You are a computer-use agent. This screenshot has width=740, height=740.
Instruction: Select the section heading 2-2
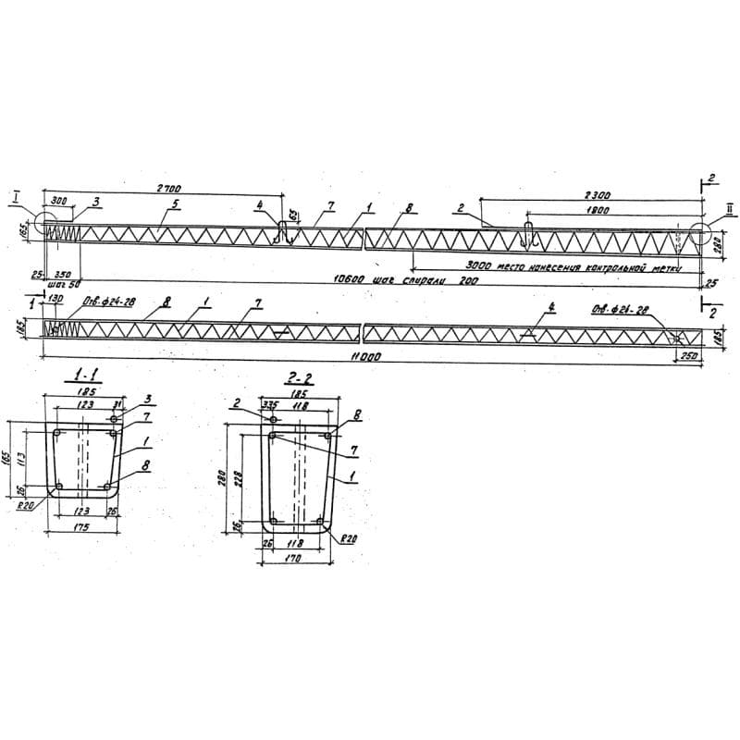pyautogui.click(x=296, y=379)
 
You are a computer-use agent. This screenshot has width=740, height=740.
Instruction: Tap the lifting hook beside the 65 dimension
pyautogui.click(x=285, y=232)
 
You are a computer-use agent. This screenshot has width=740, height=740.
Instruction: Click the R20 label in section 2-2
pyautogui.click(x=348, y=537)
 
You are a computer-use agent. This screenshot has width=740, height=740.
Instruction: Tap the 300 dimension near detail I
pyautogui.click(x=60, y=201)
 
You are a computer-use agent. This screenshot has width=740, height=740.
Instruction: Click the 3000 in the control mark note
pyautogui.click(x=479, y=265)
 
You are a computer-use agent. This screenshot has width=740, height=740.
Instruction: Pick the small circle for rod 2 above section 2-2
pyautogui.click(x=274, y=420)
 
